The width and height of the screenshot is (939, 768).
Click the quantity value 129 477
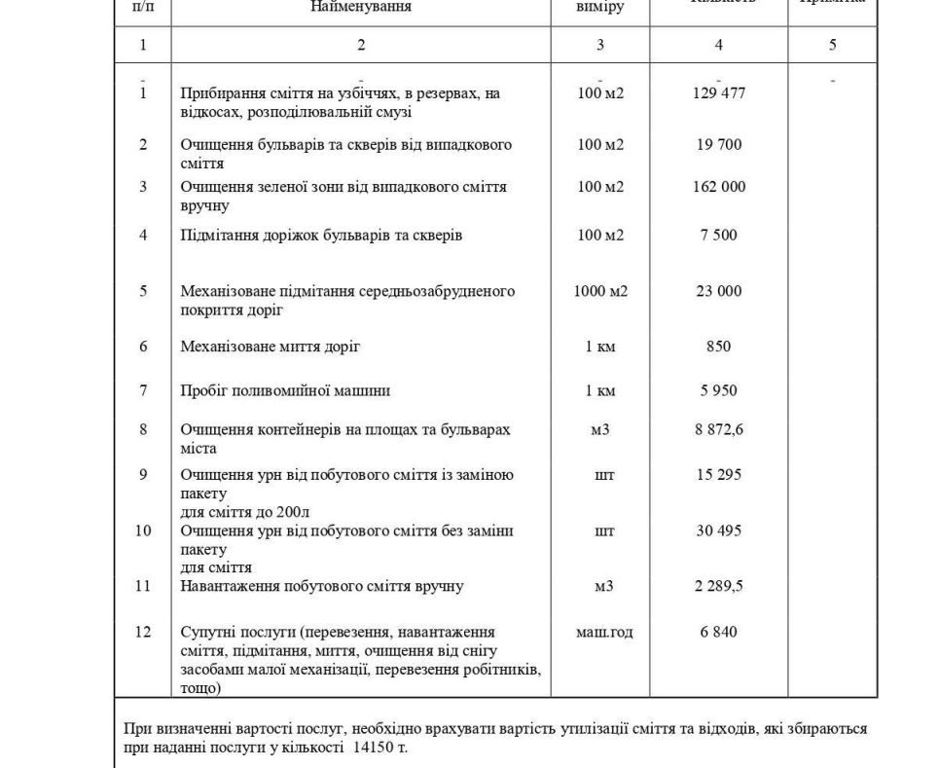pyautogui.click(x=718, y=93)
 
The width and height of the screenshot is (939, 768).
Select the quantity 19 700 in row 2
pyautogui.click(x=718, y=145)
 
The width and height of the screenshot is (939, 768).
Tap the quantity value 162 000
pyautogui.click(x=718, y=187)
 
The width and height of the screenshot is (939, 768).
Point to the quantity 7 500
pyautogui.click(x=718, y=235)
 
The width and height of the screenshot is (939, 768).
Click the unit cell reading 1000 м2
pyautogui.click(x=600, y=291)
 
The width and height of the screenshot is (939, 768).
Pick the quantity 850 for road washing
pyautogui.click(x=718, y=347)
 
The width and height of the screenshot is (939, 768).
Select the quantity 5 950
pyautogui.click(x=718, y=391)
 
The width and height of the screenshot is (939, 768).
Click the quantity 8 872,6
pyautogui.click(x=718, y=429)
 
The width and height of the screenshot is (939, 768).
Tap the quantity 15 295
pyautogui.click(x=718, y=475)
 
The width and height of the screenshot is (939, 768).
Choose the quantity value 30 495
pyautogui.click(x=718, y=531)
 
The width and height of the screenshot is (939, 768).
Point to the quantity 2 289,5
pyautogui.click(x=718, y=586)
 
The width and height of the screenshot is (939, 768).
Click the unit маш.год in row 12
pyautogui.click(x=604, y=633)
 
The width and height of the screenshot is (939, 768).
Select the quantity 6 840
pyautogui.click(x=718, y=633)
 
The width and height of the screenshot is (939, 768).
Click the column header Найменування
pyautogui.click(x=361, y=7)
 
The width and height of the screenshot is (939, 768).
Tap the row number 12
pyautogui.click(x=143, y=633)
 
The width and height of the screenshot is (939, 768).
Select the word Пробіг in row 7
pyautogui.click(x=202, y=391)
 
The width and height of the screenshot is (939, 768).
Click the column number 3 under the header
pyautogui.click(x=599, y=45)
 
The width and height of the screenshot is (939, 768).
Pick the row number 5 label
pyautogui.click(x=143, y=291)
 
